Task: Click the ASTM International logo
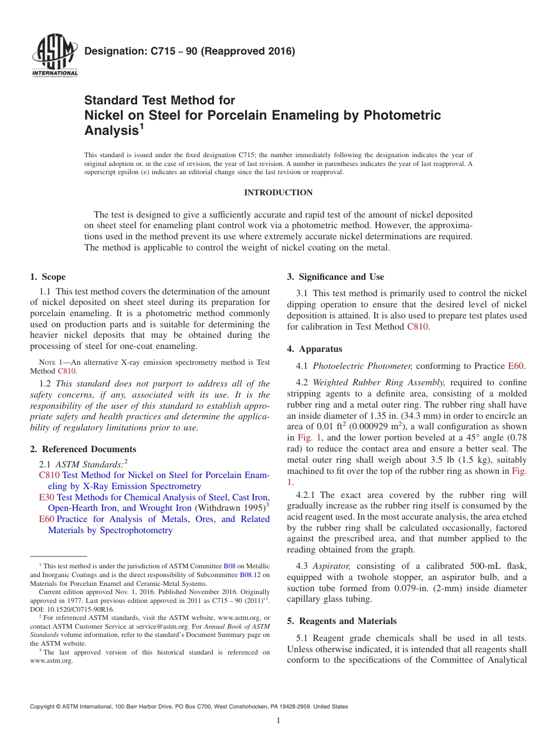pyautogui.click(x=54, y=56)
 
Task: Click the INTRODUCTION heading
pyautogui.click(x=278, y=193)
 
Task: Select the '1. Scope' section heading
pyautogui.click(x=47, y=277)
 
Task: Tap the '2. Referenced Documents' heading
pyautogui.click(x=83, y=449)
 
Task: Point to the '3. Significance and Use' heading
pyautogui.click(x=335, y=277)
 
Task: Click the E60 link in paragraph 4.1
pyautogui.click(x=515, y=366)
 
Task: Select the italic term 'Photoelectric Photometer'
pyautogui.click(x=362, y=366)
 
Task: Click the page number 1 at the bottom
pyautogui.click(x=278, y=721)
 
